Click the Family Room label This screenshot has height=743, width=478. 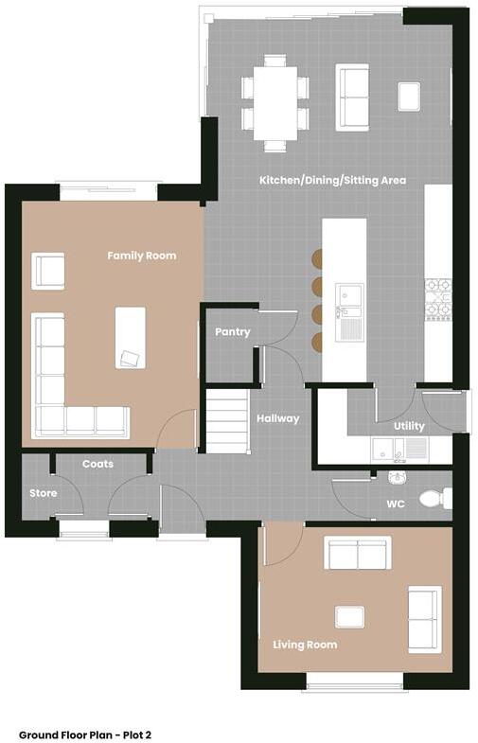tap(141, 256)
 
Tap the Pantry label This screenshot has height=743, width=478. tap(232, 332)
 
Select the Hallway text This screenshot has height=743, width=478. tap(276, 418)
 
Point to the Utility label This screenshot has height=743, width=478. tap(409, 426)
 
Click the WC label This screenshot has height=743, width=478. tap(396, 504)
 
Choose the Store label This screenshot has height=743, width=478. tap(43, 493)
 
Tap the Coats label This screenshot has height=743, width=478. tap(97, 464)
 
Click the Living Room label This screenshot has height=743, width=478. tap(305, 646)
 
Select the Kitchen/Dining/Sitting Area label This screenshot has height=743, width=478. tap(333, 180)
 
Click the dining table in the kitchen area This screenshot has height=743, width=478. tap(275, 102)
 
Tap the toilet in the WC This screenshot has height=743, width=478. tap(436, 497)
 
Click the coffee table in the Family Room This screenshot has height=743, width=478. tap(130, 337)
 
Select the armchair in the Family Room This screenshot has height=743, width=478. tap(47, 271)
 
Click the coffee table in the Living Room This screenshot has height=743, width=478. tap(350, 617)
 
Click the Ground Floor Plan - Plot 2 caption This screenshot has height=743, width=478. tap(85, 734)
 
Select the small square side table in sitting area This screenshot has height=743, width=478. tap(408, 97)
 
